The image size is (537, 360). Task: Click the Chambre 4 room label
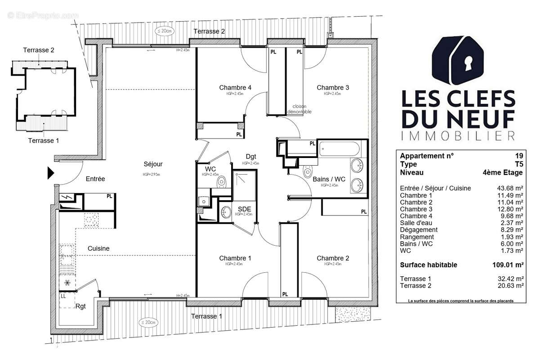pos(235,87)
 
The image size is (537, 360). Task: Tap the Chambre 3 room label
pos(332,87)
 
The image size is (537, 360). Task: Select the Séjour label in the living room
pos(153,164)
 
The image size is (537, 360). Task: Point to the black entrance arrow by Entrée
pos(51,172)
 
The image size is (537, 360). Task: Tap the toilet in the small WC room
pos(221,181)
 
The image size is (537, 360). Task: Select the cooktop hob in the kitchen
pos(92,219)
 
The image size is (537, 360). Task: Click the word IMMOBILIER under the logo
pos(458,135)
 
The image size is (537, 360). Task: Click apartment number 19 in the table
pos(519,156)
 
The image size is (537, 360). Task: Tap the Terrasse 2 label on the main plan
pos(209,31)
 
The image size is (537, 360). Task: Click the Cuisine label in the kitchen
pos(98,248)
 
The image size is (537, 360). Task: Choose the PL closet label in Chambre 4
pos(239,134)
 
